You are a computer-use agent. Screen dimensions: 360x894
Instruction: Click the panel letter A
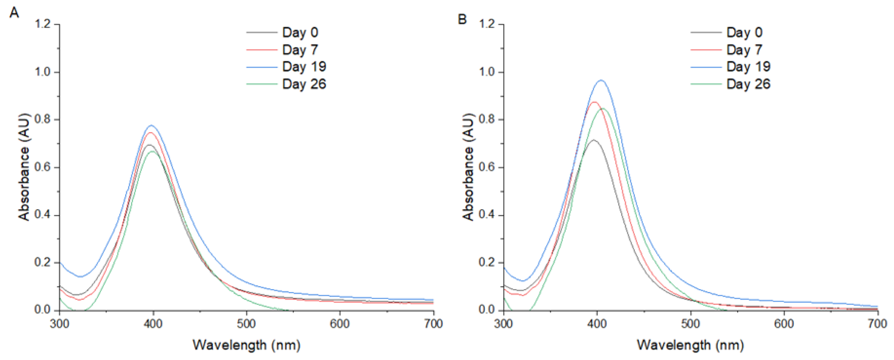pyautogui.click(x=14, y=13)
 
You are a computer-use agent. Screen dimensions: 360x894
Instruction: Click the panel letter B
pyautogui.click(x=462, y=19)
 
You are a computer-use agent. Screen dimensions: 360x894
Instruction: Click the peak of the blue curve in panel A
pyautogui.click(x=151, y=125)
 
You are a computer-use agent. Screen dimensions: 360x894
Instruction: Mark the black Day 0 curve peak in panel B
pyautogui.click(x=594, y=140)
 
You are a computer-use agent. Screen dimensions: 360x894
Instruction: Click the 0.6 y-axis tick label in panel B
pyautogui.click(x=487, y=167)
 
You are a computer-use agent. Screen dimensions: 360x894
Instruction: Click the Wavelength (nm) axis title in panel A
pyautogui.click(x=246, y=345)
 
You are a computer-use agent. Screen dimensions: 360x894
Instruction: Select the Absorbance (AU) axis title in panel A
pyautogui.click(x=24, y=167)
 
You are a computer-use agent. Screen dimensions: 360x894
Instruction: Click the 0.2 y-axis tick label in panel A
pyautogui.click(x=42, y=262)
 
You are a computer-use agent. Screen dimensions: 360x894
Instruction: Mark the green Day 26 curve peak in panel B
pyautogui.click(x=602, y=109)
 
